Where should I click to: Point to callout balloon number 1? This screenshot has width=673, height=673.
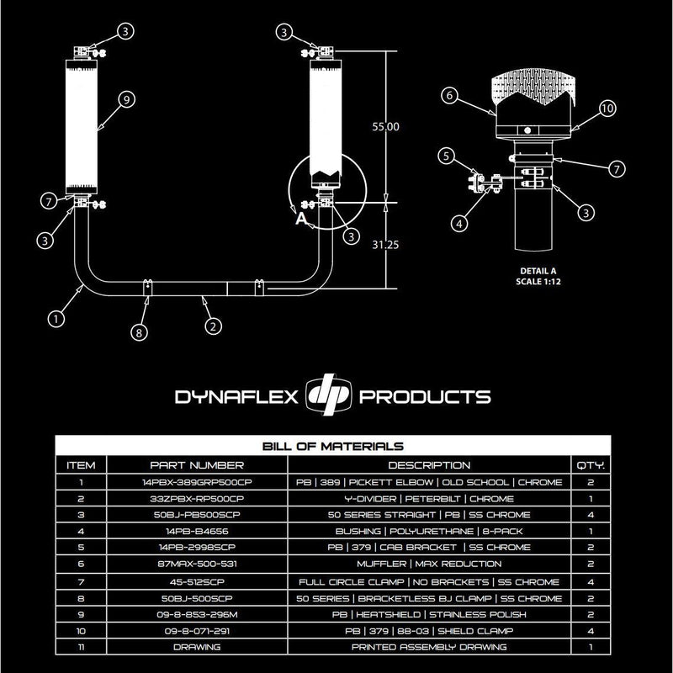click(56, 319)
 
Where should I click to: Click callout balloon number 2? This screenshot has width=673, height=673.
click(214, 323)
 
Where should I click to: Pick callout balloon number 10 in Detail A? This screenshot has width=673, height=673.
click(607, 108)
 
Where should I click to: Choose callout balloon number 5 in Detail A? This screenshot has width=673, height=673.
click(449, 155)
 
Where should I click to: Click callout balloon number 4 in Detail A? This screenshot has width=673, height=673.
click(458, 224)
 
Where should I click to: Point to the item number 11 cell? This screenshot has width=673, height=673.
click(82, 647)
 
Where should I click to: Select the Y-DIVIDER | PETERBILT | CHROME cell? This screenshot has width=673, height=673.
click(429, 499)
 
